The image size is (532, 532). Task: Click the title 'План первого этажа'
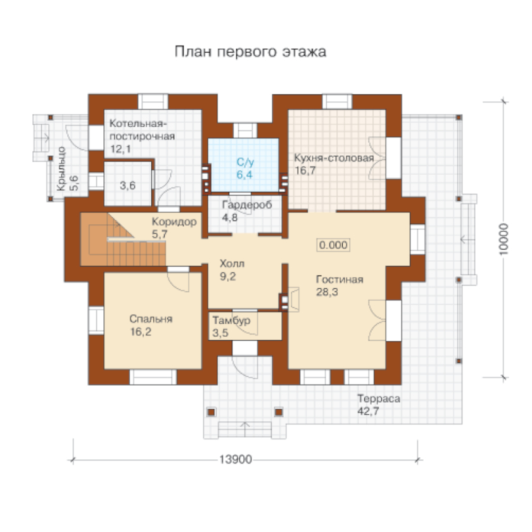pyautogui.click(x=250, y=52)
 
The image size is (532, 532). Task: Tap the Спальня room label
pyautogui.click(x=151, y=319)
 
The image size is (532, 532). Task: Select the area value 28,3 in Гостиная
pyautogui.click(x=327, y=292)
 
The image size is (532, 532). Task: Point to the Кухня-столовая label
pyautogui.click(x=334, y=158)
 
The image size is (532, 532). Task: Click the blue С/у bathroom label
pyautogui.click(x=245, y=162)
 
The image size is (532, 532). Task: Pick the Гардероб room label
pyautogui.click(x=247, y=205)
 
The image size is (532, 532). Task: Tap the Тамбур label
pyautogui.click(x=231, y=320)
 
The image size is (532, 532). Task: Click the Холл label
pyautogui.click(x=232, y=263)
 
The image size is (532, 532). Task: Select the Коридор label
pyautogui.click(x=174, y=222)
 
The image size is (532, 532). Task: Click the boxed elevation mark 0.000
pyautogui.click(x=333, y=245)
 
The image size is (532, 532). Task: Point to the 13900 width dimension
pyautogui.click(x=236, y=460)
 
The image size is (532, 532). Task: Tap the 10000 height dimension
pyautogui.click(x=504, y=239)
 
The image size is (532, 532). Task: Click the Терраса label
pyautogui.click(x=379, y=398)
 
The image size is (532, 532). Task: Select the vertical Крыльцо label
pyautogui.click(x=61, y=168)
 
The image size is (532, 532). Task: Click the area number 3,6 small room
pyautogui.click(x=127, y=186)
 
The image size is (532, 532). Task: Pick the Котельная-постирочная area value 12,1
pyautogui.click(x=120, y=149)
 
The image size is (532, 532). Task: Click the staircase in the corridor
pyautogui.click(x=123, y=239)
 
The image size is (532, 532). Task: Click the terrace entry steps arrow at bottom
pyautogui.click(x=245, y=429)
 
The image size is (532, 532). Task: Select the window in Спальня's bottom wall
pyautogui.click(x=153, y=377)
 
